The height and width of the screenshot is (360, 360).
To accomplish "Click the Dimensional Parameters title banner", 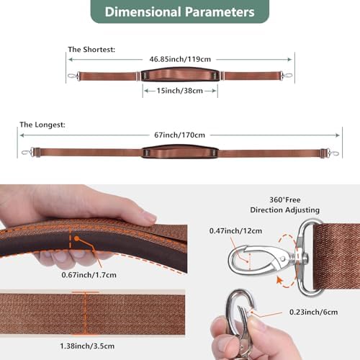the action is pos(180,12).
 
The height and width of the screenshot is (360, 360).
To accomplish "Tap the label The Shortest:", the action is pos(91,50).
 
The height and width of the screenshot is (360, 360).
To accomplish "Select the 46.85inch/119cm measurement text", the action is pos(180,59).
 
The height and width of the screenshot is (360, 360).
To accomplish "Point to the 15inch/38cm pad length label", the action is pos(180,91).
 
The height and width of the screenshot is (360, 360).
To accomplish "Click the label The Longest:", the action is pos(42,125).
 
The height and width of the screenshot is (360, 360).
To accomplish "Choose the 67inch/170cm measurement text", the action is pos(179,135).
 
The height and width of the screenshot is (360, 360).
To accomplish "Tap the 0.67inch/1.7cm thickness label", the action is pos(89,274).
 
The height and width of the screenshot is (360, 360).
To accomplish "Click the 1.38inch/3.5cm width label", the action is pos(87,346).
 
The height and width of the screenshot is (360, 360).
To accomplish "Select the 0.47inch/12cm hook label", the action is pos(235,230).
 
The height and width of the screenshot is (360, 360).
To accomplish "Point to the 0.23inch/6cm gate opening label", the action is pos(313,312).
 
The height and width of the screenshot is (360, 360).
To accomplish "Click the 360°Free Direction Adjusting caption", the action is pos(285,204).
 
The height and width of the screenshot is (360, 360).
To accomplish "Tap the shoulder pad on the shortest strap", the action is pos(180,75).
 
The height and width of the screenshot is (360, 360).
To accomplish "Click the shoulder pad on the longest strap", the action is pos(180,152).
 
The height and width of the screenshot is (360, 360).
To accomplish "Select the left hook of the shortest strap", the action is pos(73,76).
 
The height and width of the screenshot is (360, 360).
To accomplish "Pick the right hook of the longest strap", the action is pos(332,153).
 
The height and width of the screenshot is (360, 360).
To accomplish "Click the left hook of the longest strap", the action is pos(27,152).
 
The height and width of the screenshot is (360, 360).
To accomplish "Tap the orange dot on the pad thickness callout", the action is pos(76,238).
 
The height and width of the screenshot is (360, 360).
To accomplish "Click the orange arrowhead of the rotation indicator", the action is pos(279,280).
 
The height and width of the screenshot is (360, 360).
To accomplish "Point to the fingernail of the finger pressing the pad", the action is pos(150,217).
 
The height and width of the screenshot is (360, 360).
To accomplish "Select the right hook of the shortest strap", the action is pos(287,76).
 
